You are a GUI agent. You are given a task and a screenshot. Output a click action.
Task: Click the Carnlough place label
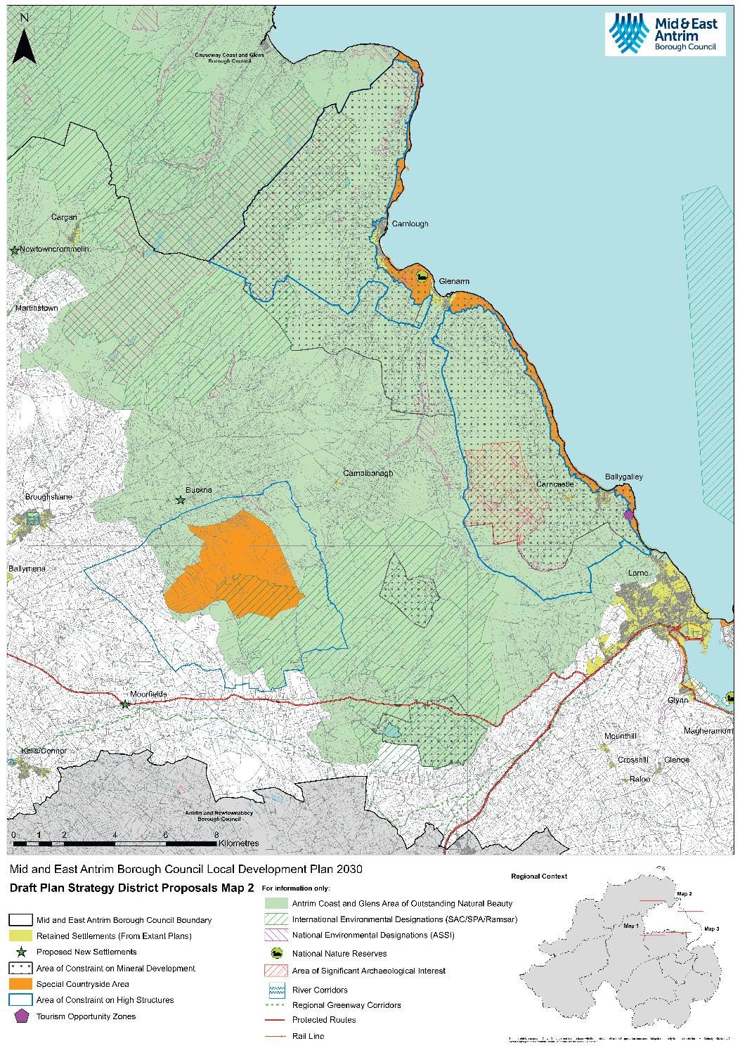point(410,224)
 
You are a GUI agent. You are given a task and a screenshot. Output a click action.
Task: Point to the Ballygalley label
point(623,477)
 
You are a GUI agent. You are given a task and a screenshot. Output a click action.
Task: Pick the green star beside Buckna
point(181,500)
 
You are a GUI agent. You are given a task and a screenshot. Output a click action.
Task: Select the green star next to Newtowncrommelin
point(13,250)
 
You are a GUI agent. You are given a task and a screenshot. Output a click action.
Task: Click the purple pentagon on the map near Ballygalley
point(628,515)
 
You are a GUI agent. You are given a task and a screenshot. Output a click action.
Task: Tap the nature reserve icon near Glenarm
point(421,277)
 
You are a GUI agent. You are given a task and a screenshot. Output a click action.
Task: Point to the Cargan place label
point(64,217)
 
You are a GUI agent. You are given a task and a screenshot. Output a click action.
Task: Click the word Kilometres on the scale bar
point(239,842)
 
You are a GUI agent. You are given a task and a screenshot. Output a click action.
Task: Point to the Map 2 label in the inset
point(684,893)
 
